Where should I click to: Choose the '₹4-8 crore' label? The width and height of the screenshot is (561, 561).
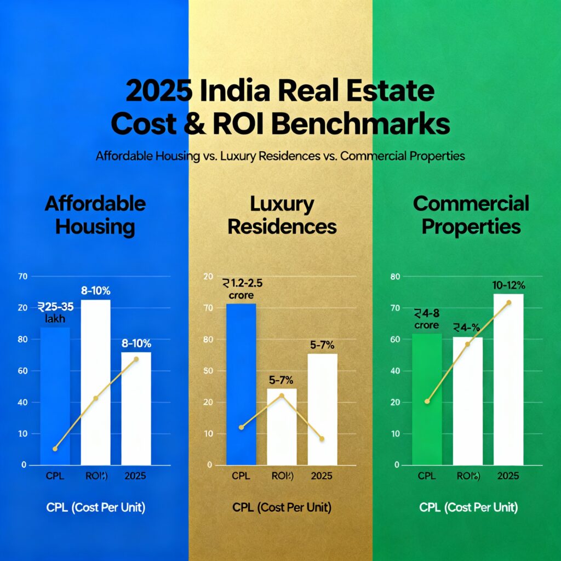(426, 319)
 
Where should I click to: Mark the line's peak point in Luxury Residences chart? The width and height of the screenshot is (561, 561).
(282, 396)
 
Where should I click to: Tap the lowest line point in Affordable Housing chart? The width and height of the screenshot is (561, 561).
(55, 449)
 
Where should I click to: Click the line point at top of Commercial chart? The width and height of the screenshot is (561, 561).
(509, 302)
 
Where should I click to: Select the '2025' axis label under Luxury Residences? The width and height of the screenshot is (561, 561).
(322, 476)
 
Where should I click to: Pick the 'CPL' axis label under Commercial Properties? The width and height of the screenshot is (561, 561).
(426, 476)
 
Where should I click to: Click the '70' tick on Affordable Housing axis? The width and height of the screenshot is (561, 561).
(22, 277)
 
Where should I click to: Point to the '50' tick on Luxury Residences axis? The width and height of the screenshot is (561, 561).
(208, 371)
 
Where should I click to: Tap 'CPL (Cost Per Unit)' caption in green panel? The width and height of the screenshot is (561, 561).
(468, 507)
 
